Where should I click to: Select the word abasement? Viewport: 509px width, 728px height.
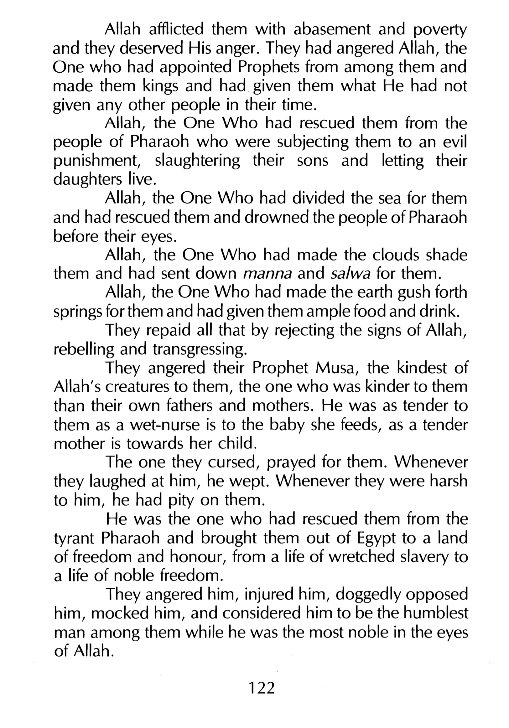[332, 30]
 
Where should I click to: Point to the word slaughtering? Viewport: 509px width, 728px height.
[197, 161]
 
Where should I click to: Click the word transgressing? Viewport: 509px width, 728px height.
[200, 349]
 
